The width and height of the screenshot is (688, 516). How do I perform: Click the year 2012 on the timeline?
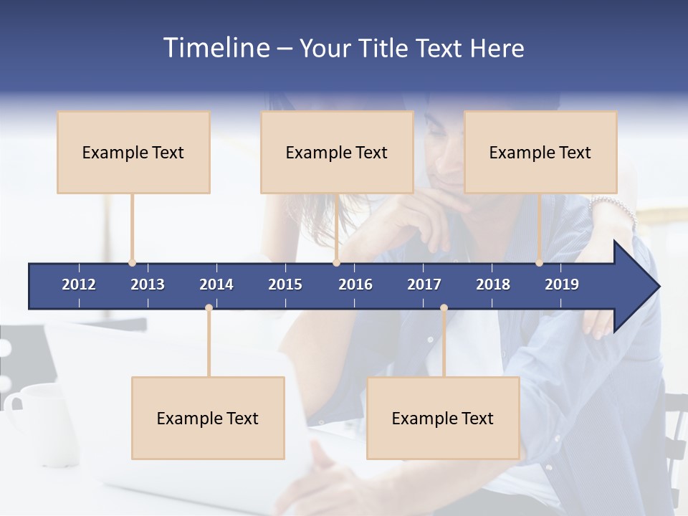79,285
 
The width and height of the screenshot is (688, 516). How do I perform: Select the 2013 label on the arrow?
148,285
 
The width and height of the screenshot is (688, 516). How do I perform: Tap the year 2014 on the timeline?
216,285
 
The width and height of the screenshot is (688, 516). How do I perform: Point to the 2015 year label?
285,285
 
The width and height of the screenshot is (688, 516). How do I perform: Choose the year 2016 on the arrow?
355,285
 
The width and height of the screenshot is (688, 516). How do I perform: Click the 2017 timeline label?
424,285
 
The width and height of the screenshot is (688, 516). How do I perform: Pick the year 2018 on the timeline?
493,285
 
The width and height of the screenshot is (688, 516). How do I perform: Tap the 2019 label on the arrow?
562,285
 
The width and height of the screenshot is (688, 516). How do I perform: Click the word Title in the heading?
386,48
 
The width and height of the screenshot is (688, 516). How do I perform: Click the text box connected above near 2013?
133,152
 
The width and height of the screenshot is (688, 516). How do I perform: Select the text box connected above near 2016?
337,152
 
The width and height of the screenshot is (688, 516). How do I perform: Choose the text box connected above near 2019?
540,152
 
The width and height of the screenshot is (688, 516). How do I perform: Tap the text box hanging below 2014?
208,418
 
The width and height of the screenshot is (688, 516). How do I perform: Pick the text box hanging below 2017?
443,418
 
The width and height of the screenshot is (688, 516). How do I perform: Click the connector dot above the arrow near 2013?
132,263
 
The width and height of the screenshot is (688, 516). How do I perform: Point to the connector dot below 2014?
209,308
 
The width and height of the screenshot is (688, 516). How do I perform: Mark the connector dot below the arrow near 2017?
444,308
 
